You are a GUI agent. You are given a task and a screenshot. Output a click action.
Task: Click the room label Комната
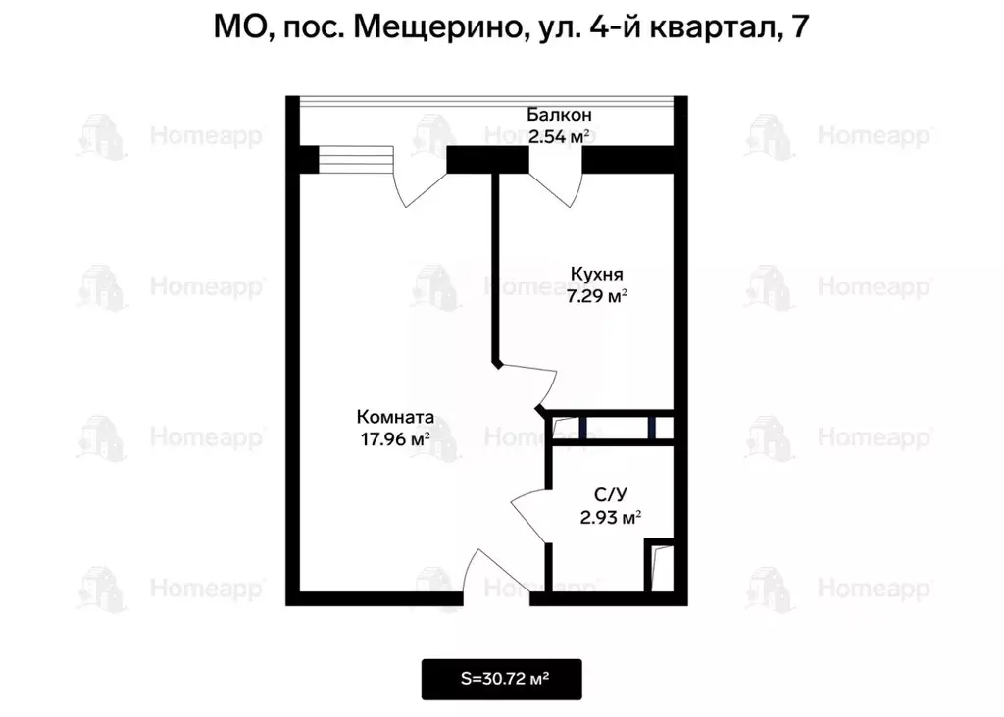click(395, 417)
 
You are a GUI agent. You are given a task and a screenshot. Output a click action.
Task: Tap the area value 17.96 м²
click(395, 438)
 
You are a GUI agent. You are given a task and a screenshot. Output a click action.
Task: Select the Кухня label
click(596, 275)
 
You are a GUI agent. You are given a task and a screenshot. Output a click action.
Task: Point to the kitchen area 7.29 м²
click(596, 295)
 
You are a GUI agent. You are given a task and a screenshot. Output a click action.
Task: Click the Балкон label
click(559, 115)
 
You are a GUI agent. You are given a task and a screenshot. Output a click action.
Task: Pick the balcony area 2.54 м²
click(559, 136)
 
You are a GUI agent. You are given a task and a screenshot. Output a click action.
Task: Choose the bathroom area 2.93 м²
click(611, 518)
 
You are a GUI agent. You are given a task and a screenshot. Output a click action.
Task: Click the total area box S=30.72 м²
click(502, 679)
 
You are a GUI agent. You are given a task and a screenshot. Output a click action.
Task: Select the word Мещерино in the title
click(435, 26)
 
